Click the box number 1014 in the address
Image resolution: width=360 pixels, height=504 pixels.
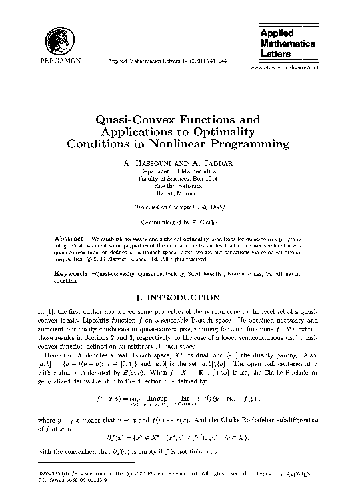tap(211, 179)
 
